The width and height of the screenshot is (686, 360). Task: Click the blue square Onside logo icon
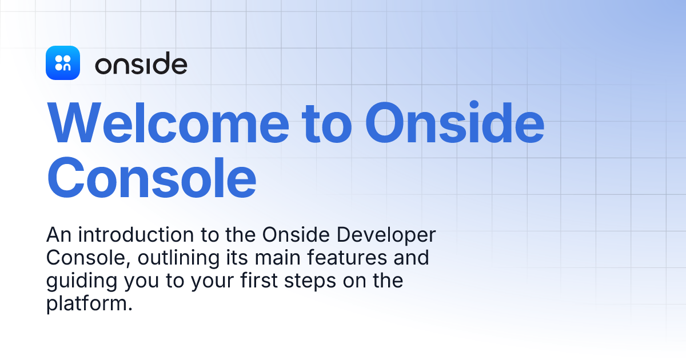(x=62, y=63)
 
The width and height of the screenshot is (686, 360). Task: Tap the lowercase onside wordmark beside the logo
(x=141, y=65)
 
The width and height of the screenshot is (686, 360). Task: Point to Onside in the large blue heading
(x=455, y=124)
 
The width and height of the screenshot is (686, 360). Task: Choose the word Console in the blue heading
(x=151, y=178)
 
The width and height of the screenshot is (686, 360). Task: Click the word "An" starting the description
(x=58, y=235)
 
